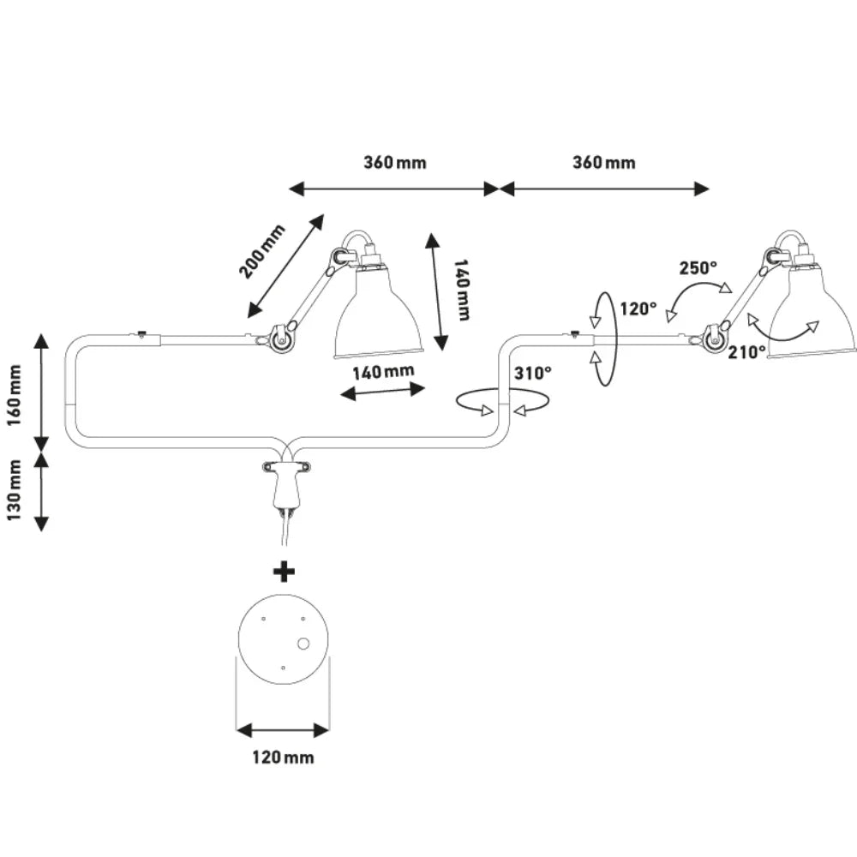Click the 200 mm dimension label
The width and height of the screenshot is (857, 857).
(x=261, y=251)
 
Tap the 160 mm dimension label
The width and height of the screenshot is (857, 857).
(x=14, y=395)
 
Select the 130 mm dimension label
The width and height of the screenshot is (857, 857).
(x=14, y=489)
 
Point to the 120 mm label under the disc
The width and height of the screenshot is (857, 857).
(x=283, y=758)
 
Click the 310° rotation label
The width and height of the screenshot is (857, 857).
(x=533, y=374)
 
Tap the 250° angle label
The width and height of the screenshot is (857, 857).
(x=698, y=267)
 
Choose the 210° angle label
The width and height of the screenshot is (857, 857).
(x=746, y=352)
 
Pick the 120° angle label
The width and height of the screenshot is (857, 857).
(x=638, y=309)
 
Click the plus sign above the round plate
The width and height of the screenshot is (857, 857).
(x=284, y=572)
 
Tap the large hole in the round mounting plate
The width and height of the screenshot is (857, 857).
(x=303, y=644)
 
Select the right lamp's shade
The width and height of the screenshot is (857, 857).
(x=812, y=314)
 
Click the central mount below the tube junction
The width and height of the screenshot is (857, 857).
(x=286, y=484)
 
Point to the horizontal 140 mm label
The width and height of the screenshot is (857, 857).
(x=383, y=372)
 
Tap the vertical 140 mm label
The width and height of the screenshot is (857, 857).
(x=462, y=291)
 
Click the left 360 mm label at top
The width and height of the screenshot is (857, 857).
(x=394, y=162)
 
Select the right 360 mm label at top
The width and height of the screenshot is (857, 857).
(x=604, y=162)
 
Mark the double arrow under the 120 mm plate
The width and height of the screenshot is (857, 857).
(x=283, y=729)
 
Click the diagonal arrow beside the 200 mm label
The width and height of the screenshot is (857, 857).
(x=286, y=267)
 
